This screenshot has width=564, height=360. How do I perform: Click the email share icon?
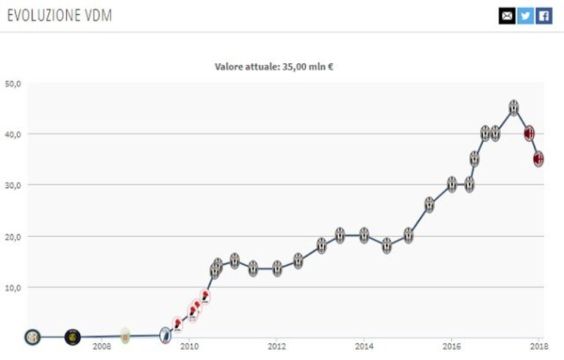507,16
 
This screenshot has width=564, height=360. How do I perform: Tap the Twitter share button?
525,16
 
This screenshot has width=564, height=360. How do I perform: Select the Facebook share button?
544,16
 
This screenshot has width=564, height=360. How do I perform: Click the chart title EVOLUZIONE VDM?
60,15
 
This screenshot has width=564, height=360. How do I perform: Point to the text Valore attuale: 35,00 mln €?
274,67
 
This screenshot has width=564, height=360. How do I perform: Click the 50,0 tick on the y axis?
13,84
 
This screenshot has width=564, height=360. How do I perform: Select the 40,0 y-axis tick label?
13,134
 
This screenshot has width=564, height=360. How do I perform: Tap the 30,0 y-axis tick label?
13,185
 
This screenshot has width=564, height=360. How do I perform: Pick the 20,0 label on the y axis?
13,237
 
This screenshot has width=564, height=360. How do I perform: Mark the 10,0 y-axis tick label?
13,288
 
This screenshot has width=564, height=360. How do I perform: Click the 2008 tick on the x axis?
101,347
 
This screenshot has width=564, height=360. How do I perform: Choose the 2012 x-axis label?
276,347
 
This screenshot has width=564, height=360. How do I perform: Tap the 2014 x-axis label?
364,347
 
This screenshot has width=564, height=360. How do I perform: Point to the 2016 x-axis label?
451,347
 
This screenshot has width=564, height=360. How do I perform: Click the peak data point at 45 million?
514,108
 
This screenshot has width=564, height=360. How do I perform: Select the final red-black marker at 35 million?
538,159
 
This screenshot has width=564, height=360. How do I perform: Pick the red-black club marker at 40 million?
529,133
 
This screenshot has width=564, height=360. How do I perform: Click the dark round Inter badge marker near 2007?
72,337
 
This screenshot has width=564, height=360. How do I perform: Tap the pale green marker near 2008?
125,336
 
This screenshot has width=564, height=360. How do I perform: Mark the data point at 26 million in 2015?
429,205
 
